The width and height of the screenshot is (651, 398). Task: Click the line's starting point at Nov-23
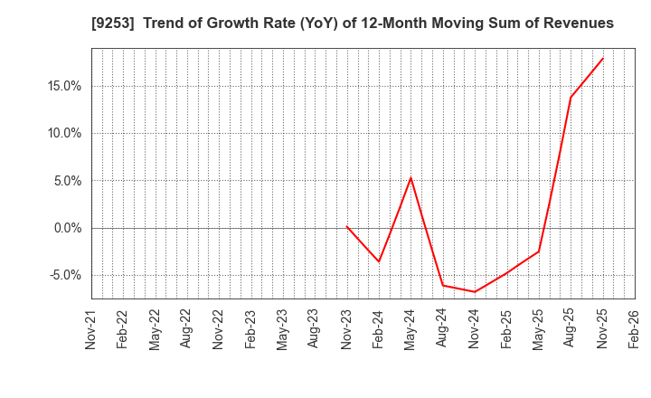346,226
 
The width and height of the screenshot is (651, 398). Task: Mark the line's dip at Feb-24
379,261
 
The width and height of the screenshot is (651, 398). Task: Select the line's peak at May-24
410,177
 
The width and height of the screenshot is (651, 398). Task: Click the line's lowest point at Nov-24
475,291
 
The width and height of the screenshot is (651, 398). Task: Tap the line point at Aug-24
443,285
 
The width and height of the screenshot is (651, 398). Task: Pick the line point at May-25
539,251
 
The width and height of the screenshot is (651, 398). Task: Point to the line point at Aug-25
571,98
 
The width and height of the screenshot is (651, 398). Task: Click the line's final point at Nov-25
603,59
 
